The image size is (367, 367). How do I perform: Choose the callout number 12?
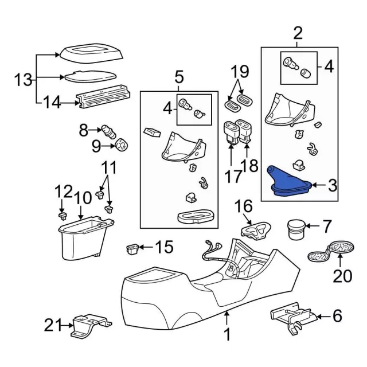coord(64,191)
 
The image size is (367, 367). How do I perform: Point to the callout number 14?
coord(52,103)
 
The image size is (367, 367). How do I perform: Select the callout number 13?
coord(24,80)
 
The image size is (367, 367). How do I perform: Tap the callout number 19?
coord(240,72)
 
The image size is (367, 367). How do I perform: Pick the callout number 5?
coord(179,76)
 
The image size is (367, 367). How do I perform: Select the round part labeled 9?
coord(122,146)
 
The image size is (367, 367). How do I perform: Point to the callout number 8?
coord(84,130)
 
